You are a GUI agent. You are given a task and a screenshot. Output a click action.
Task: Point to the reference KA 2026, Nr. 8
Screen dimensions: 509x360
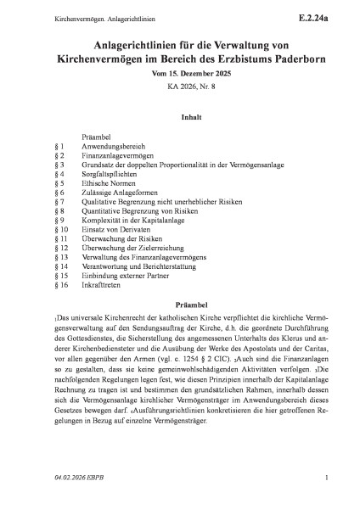(179, 93)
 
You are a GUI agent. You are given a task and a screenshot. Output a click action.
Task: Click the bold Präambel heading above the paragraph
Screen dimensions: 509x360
(179, 348)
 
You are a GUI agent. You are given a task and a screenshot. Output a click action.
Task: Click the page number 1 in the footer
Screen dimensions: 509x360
(325, 489)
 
